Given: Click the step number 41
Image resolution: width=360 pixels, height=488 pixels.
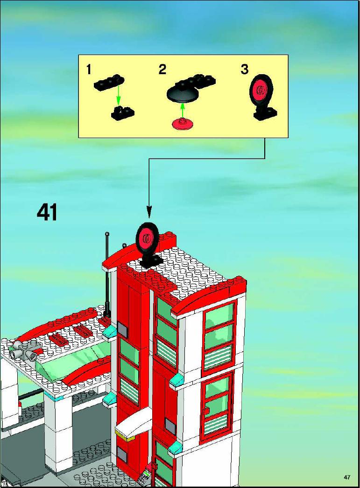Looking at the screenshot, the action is click(47, 213).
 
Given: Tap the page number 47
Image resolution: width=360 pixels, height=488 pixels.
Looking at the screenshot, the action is click(347, 477).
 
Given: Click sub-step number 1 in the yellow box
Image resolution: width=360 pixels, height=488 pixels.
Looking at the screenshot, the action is click(89, 70).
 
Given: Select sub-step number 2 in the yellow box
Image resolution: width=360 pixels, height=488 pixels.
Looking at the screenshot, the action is click(162, 70).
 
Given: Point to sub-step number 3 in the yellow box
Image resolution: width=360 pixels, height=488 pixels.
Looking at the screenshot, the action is click(245, 70).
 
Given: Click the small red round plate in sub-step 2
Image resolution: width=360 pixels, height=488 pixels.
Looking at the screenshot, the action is click(183, 123).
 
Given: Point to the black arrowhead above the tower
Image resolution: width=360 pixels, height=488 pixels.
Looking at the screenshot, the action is click(149, 213).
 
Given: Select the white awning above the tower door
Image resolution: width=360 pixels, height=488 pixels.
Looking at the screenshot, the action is click(134, 421).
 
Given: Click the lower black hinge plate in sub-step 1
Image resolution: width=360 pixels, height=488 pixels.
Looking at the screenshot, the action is click(123, 112).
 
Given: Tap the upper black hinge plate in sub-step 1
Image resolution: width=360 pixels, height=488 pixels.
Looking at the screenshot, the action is click(109, 82).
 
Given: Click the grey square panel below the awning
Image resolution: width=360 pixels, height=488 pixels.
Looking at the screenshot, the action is click(122, 456).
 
